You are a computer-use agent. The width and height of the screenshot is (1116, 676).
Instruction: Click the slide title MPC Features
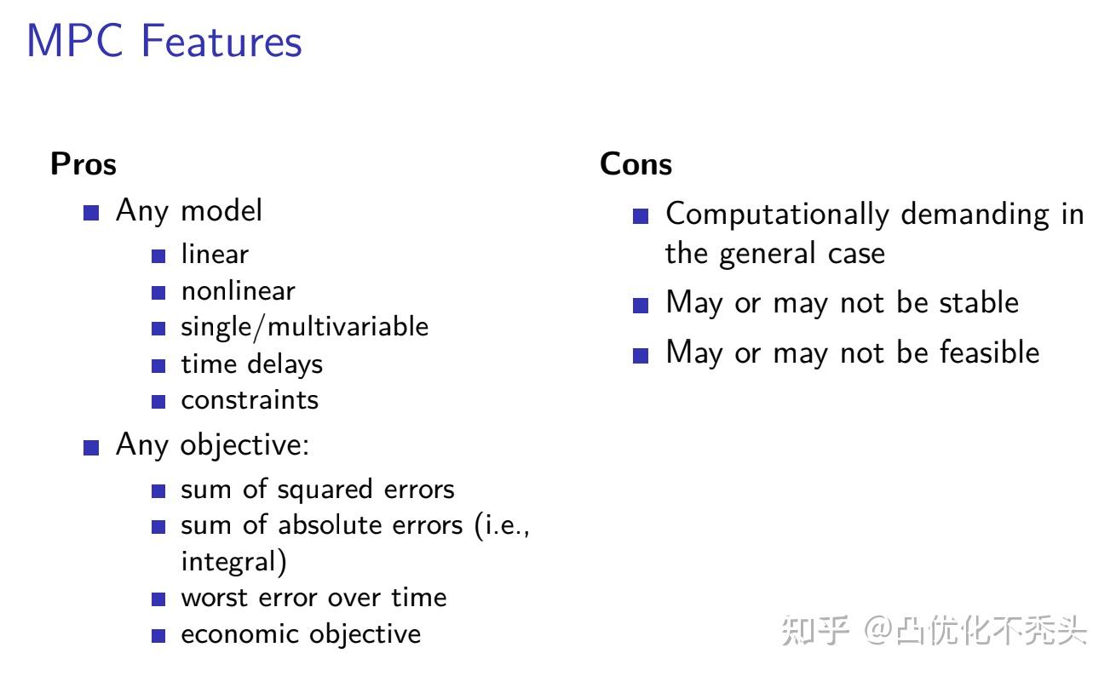164,42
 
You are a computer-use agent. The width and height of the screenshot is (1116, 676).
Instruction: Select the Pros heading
83,163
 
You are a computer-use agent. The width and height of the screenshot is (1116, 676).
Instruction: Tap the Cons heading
636,163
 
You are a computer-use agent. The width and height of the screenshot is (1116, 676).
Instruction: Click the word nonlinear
238,291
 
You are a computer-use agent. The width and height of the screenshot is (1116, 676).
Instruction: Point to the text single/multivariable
304,327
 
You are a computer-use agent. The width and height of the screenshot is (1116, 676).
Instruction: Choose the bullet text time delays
251,364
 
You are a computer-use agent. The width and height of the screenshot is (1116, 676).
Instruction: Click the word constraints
249,400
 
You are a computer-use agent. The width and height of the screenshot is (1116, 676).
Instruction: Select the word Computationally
777,215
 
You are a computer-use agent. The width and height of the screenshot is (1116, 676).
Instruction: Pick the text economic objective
300,634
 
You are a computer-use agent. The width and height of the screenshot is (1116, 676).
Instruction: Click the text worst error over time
313,598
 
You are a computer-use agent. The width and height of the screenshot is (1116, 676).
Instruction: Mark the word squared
325,490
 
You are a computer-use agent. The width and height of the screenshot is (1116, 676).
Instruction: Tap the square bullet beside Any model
91,212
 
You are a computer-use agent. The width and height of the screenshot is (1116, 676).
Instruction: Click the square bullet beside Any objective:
91,446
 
